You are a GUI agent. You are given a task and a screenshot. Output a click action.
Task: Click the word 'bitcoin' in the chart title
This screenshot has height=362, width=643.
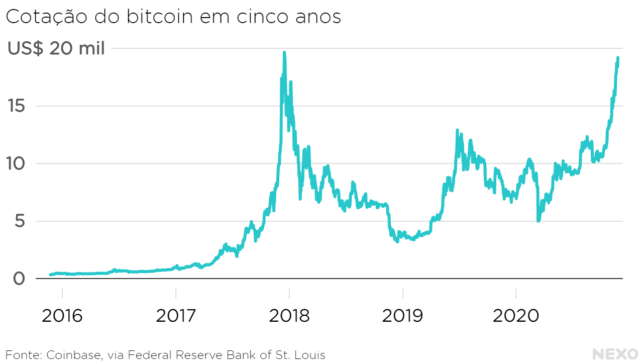click(x=162, y=16)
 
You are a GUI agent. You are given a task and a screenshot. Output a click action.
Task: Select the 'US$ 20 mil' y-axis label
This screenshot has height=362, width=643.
click(x=56, y=49)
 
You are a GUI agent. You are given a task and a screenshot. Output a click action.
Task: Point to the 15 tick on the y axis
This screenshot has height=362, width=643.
click(x=16, y=106)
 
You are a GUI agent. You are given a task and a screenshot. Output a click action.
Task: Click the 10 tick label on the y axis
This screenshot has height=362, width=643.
click(x=16, y=164)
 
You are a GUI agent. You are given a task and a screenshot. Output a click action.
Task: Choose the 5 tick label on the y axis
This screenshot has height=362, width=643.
click(x=19, y=221)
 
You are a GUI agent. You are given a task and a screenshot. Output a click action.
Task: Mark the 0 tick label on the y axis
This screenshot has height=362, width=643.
click(x=19, y=279)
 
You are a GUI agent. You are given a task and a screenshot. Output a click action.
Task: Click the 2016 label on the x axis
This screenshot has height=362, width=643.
click(x=62, y=316)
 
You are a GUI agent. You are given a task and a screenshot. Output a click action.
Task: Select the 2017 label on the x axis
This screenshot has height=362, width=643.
click(x=176, y=316)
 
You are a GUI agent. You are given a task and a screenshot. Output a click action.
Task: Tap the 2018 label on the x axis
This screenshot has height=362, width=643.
click(x=289, y=316)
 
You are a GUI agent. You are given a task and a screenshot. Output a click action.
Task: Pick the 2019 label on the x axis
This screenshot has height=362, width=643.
click(x=402, y=316)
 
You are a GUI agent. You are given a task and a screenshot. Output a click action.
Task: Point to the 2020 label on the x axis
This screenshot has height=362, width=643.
click(x=516, y=316)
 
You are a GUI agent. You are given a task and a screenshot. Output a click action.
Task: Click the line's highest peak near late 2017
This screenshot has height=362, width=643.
click(x=284, y=52)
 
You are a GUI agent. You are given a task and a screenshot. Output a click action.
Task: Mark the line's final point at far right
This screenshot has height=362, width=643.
click(x=618, y=58)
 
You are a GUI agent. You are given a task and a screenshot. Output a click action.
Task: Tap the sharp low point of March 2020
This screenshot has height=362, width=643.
click(x=538, y=221)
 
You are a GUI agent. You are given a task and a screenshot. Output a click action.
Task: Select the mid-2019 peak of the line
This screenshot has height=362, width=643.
click(x=457, y=130)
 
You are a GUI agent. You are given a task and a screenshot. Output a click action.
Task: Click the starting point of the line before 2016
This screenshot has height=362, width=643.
click(x=50, y=275)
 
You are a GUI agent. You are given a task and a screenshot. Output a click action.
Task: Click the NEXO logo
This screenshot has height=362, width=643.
click(x=615, y=354)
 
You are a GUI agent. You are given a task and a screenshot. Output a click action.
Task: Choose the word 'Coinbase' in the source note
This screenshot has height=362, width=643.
click(x=75, y=355)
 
